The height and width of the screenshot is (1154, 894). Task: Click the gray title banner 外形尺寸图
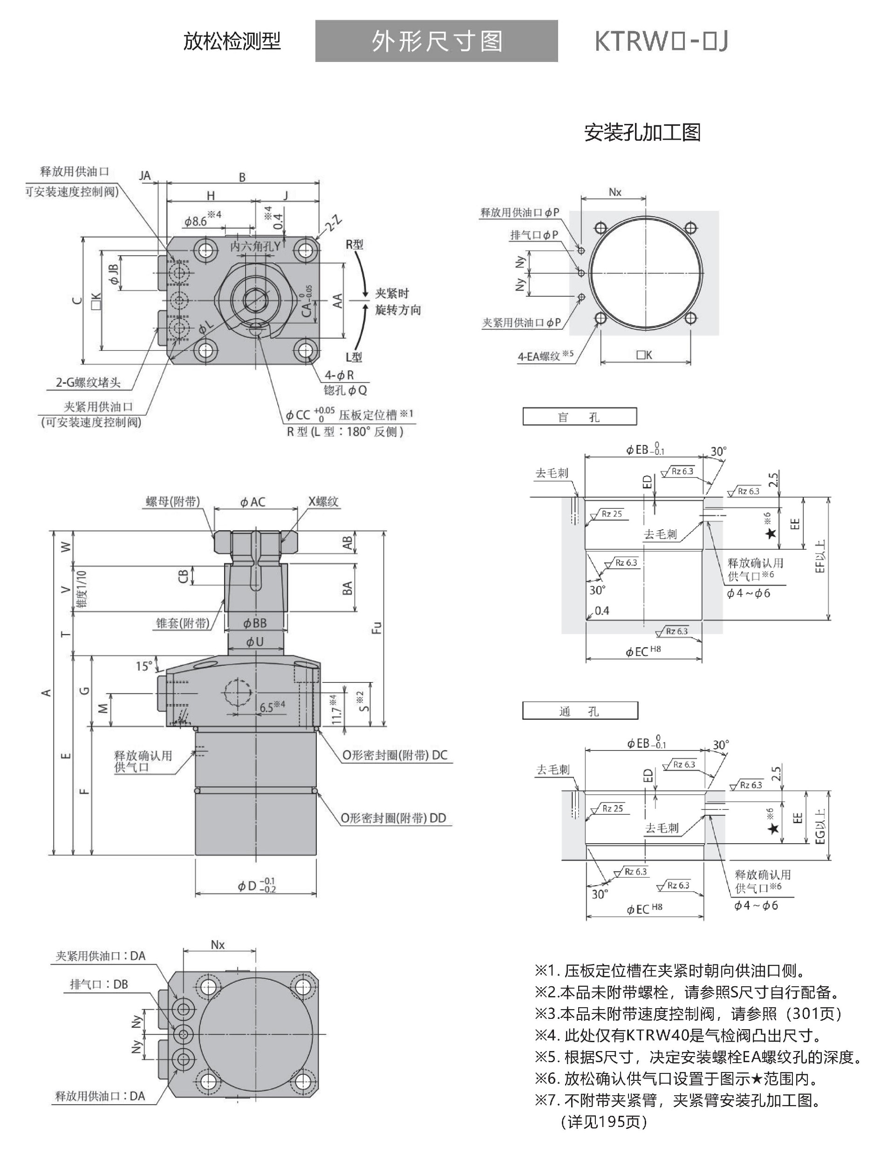coord(437,41)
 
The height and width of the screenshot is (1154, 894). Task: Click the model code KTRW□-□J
coord(661,41)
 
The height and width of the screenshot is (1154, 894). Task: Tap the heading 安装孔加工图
coord(642,132)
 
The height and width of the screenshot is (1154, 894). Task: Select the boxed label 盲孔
coord(579,417)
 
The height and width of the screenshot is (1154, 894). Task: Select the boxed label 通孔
coord(580,711)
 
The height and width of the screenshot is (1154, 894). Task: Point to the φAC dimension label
coord(253,502)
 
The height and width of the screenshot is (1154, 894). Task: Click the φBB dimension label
coord(255,623)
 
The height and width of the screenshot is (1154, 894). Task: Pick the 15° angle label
coord(143,666)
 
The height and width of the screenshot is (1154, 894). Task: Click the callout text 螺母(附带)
coord(173,501)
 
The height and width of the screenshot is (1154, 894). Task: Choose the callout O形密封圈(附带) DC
coord(395,755)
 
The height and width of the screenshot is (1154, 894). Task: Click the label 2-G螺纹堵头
coord(88,382)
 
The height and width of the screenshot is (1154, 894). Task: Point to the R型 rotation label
coord(355,245)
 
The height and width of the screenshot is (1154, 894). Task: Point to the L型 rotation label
coord(354,357)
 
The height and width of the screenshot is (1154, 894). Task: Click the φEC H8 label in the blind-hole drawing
coord(643,651)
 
